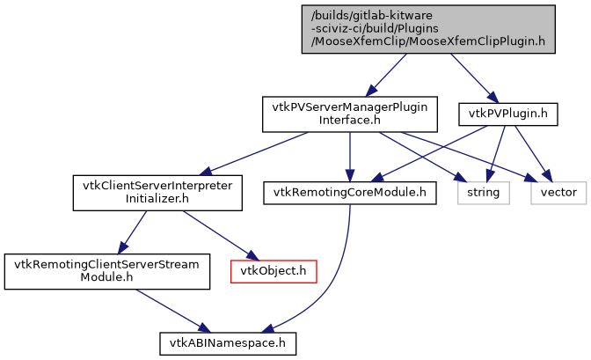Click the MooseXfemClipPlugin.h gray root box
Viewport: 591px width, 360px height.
pyautogui.click(x=427, y=27)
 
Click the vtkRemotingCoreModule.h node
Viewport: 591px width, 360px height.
pyautogui.click(x=350, y=191)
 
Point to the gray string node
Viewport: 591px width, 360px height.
pyautogui.click(x=482, y=191)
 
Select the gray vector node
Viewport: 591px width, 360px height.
pyautogui.click(x=558, y=191)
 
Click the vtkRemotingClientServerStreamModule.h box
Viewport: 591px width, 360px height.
pyautogui.click(x=107, y=270)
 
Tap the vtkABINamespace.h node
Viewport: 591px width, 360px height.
pyautogui.click(x=227, y=342)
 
